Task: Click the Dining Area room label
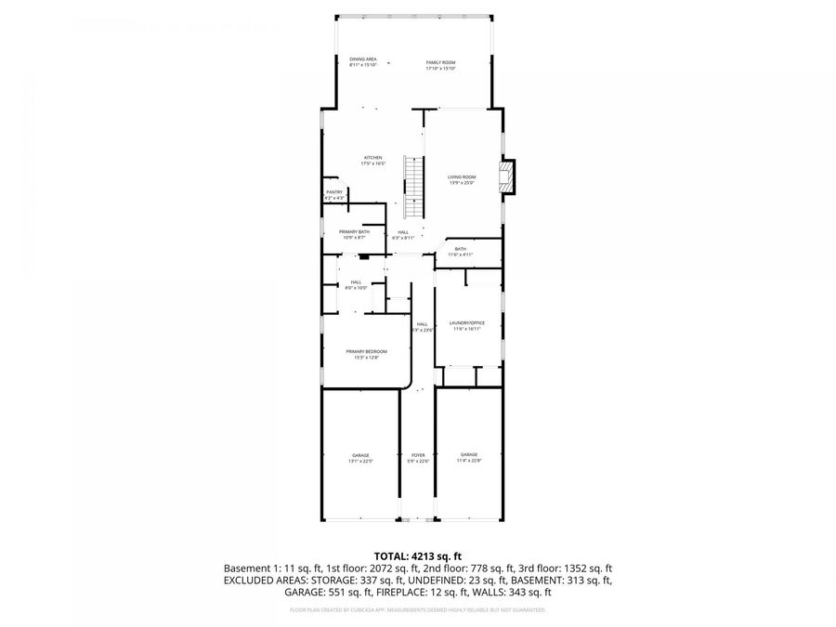pyautogui.click(x=362, y=61)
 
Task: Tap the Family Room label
pyautogui.click(x=440, y=65)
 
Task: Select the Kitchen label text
pyautogui.click(x=372, y=161)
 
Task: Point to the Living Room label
pyautogui.click(x=462, y=179)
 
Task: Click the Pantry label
pyautogui.click(x=334, y=194)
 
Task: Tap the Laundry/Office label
pyautogui.click(x=468, y=325)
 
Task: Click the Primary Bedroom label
pyautogui.click(x=366, y=353)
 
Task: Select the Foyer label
pyautogui.click(x=418, y=457)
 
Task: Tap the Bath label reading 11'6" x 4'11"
pyautogui.click(x=461, y=252)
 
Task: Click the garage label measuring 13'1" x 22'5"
pyautogui.click(x=359, y=457)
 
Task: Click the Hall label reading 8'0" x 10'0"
pyautogui.click(x=356, y=285)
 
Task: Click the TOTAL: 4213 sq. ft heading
pyautogui.click(x=417, y=555)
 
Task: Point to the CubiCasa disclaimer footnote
pyautogui.click(x=417, y=610)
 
